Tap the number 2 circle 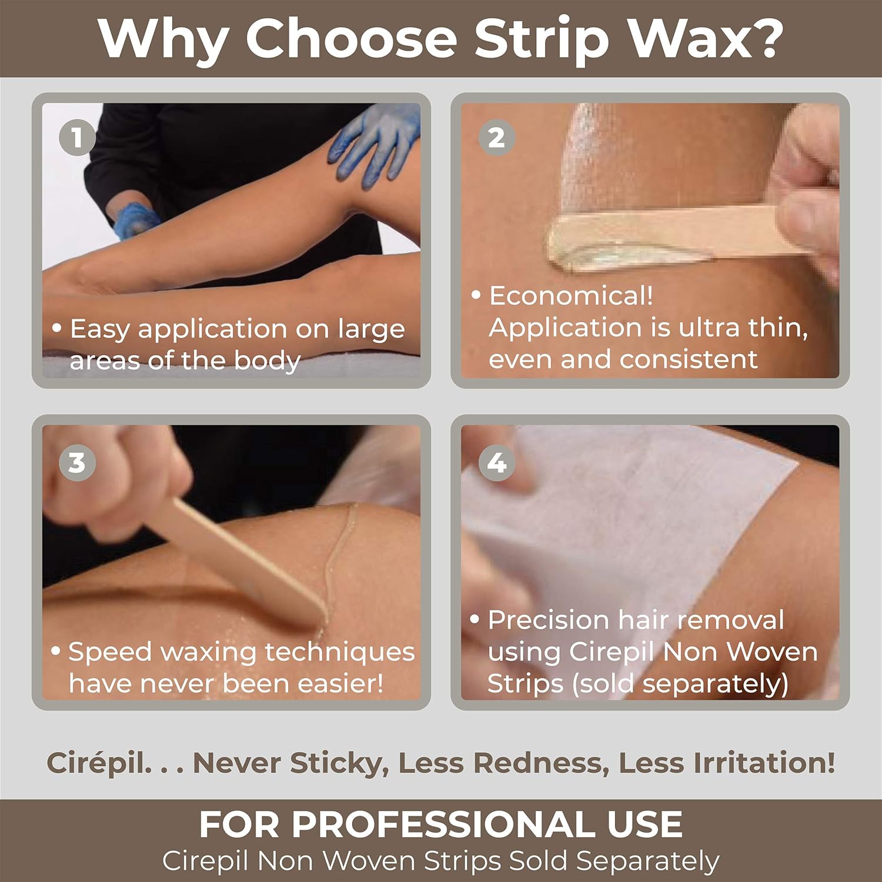coord(497,138)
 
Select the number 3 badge coord(77,462)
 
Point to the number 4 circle coord(497,462)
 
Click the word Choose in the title coord(352,38)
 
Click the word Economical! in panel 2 coord(571,296)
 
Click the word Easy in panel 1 coord(99,330)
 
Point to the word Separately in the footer coord(647,862)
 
